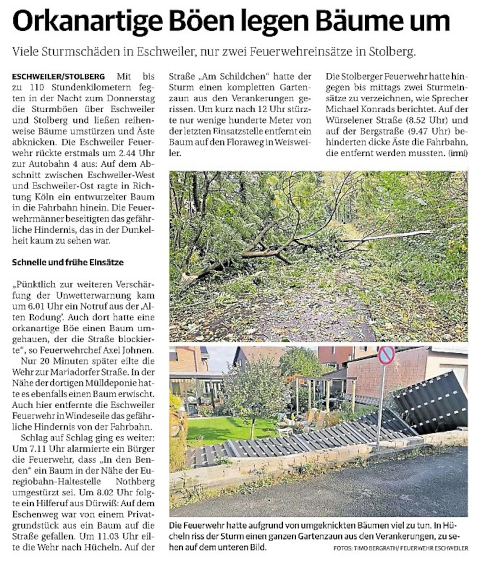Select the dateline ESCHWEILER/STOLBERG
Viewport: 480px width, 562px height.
pos(59,77)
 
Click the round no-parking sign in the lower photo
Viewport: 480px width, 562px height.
pos(385,356)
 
